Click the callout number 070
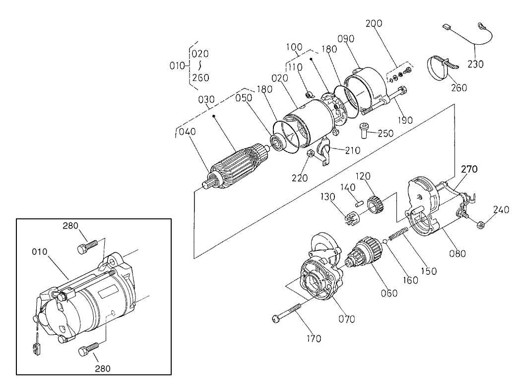tap(347, 318)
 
